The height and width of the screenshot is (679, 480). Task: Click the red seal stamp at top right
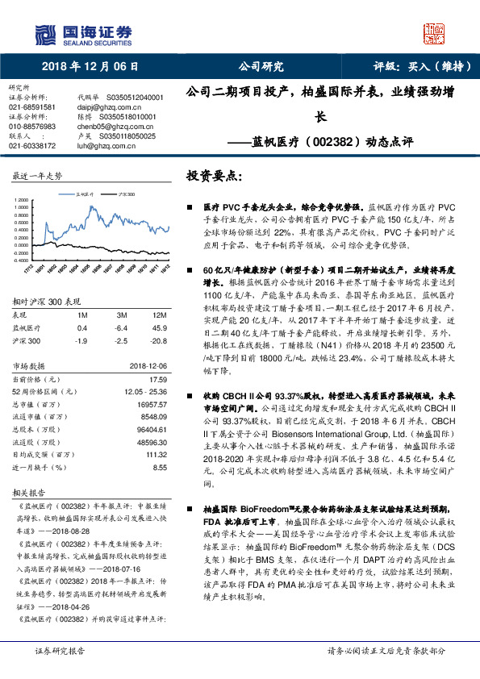pyautogui.click(x=436, y=33)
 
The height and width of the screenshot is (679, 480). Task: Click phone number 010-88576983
pyautogui.click(x=32, y=126)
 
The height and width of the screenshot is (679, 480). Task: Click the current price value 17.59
pyautogui.click(x=158, y=378)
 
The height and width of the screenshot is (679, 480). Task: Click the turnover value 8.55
pyautogui.click(x=160, y=467)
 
